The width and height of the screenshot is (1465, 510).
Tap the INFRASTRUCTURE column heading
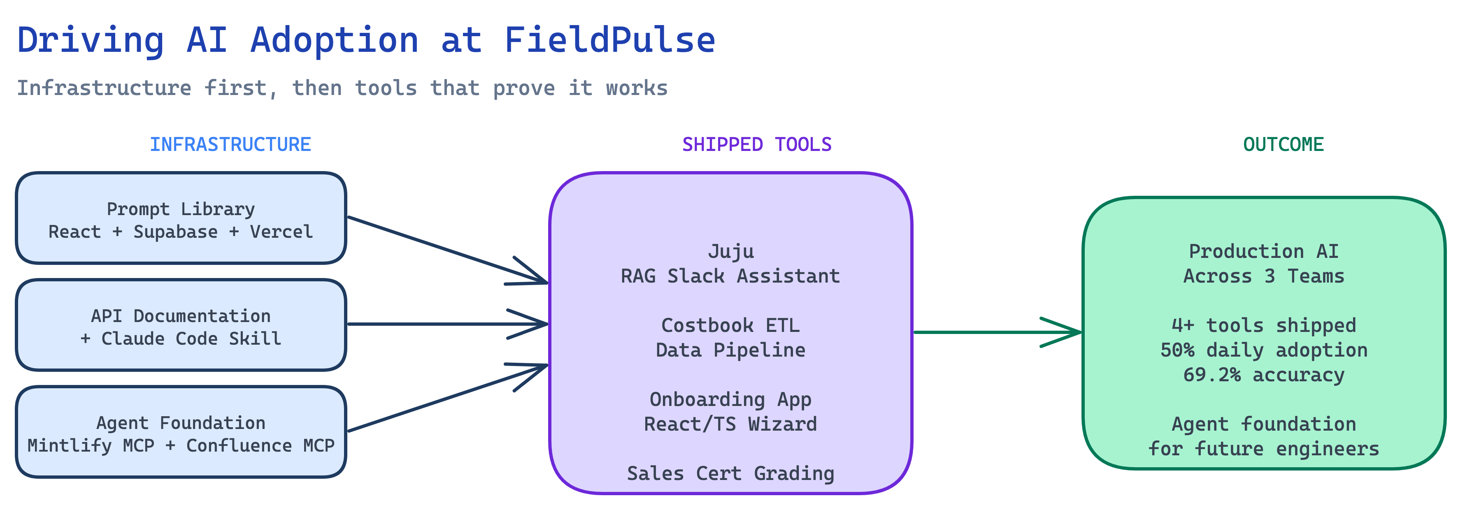[230, 144]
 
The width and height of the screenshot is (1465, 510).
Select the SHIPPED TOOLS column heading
[756, 144]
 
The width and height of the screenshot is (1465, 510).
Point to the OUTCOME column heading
[1283, 144]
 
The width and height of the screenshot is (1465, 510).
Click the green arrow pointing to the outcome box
[995, 332]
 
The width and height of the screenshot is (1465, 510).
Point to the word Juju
[731, 251]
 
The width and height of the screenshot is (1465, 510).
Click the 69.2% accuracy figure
[1264, 375]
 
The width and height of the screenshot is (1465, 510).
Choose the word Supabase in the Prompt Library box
[175, 232]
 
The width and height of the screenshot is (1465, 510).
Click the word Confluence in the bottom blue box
[239, 446]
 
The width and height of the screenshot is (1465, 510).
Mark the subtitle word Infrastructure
[104, 88]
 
